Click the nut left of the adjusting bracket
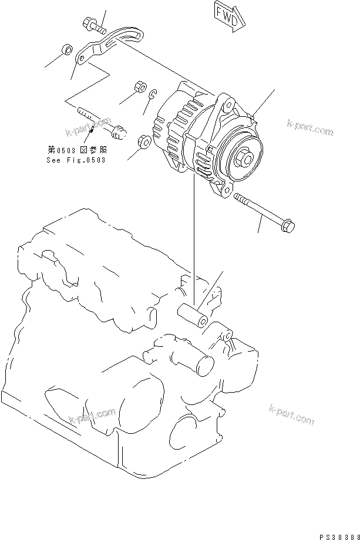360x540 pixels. pyautogui.click(x=67, y=49)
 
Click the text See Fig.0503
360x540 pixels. pyautogui.click(x=76, y=160)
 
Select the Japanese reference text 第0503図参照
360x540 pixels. pyautogui.click(x=76, y=151)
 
